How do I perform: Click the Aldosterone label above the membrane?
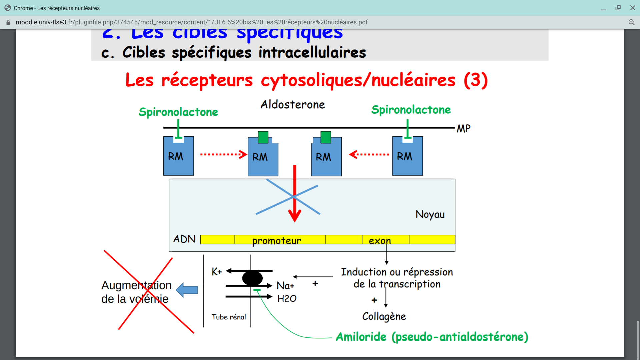pos(293,105)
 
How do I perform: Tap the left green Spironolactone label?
pos(178,112)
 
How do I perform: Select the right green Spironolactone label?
pos(411,110)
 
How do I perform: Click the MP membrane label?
pos(464,129)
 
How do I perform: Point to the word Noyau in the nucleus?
pos(430,214)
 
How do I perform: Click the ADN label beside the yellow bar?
pos(184,239)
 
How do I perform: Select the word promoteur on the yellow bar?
pos(277,240)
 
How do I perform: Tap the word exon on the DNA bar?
pos(380,240)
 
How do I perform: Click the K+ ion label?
pos(217,272)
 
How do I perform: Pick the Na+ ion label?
pos(286,286)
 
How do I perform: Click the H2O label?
pos(287,299)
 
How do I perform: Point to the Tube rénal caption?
pos(229,317)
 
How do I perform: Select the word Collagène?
pos(384,316)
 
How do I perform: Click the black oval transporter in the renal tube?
pos(252,278)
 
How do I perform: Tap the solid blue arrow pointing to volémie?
pos(187,290)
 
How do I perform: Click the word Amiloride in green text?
pos(361,337)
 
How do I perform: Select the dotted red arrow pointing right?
pos(224,154)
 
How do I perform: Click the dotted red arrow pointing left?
pos(369,154)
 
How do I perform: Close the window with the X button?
pos(632,8)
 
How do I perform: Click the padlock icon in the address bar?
pos(9,22)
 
